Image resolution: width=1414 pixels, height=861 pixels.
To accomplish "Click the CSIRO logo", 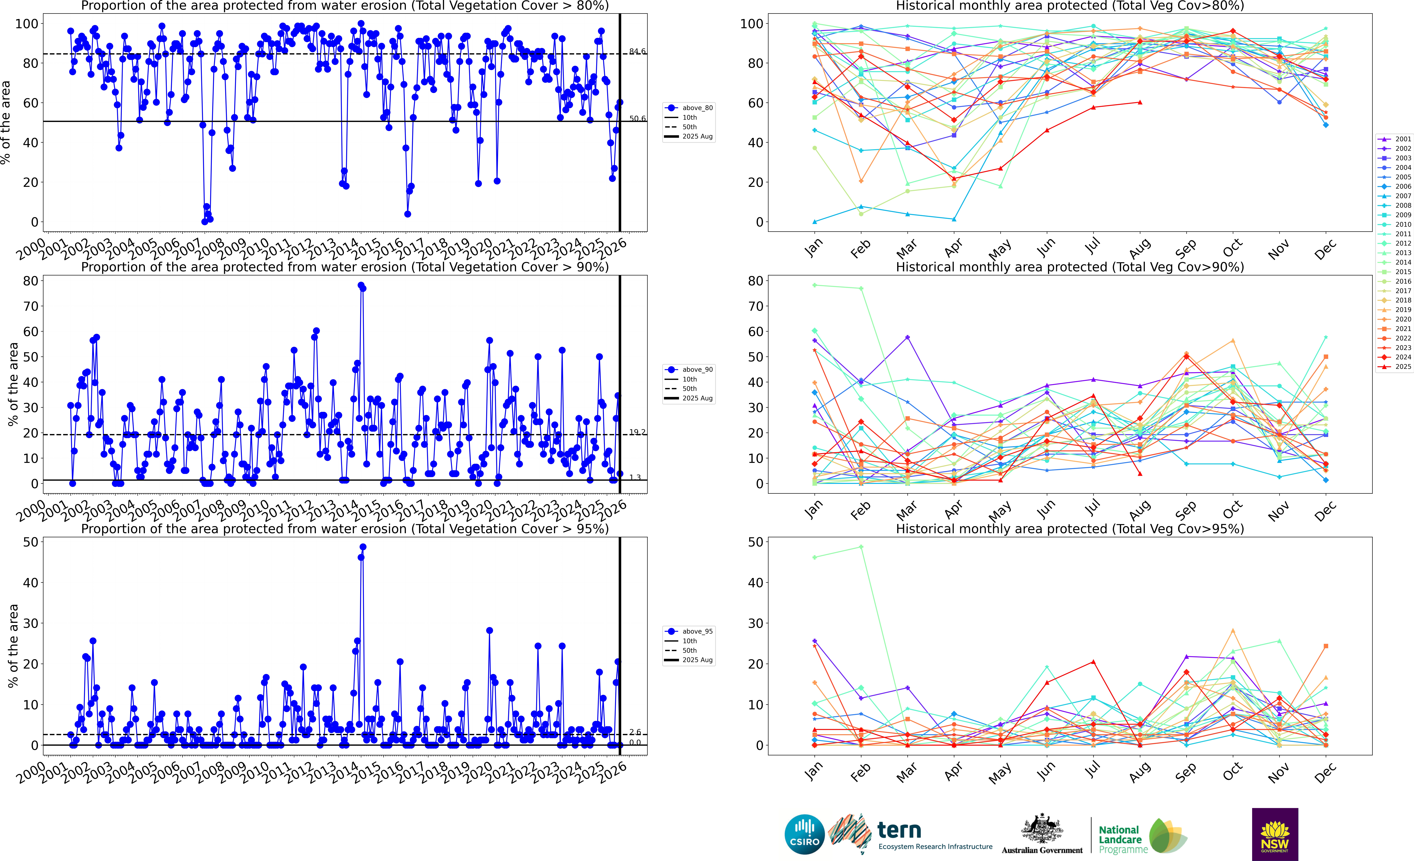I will coord(805,834).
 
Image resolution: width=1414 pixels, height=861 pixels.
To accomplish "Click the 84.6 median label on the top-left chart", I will coord(637,52).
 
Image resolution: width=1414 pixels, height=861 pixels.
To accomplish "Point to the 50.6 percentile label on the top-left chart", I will coord(637,119).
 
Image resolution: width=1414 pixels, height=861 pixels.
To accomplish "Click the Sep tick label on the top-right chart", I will coord(1186,249).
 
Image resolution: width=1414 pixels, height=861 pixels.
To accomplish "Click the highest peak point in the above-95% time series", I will coord(363,547).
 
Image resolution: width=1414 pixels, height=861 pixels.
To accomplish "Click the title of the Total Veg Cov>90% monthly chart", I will coord(1070,267).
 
